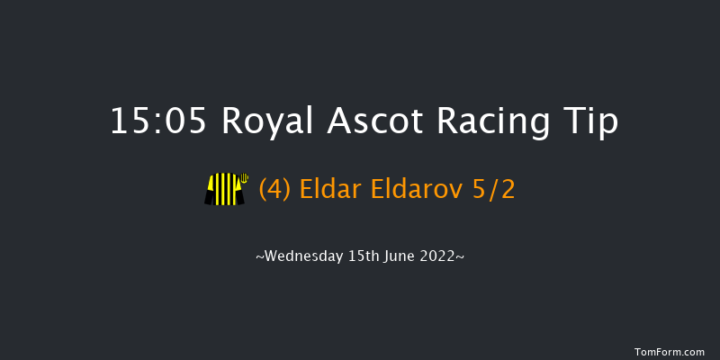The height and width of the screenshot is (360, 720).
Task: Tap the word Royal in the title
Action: tap(262, 121)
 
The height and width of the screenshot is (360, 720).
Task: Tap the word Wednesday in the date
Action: tap(305, 256)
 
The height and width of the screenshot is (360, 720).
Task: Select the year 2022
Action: tap(442, 256)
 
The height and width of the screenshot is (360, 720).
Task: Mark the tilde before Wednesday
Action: tap(260, 257)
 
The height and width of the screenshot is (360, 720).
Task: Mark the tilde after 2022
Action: tap(461, 257)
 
